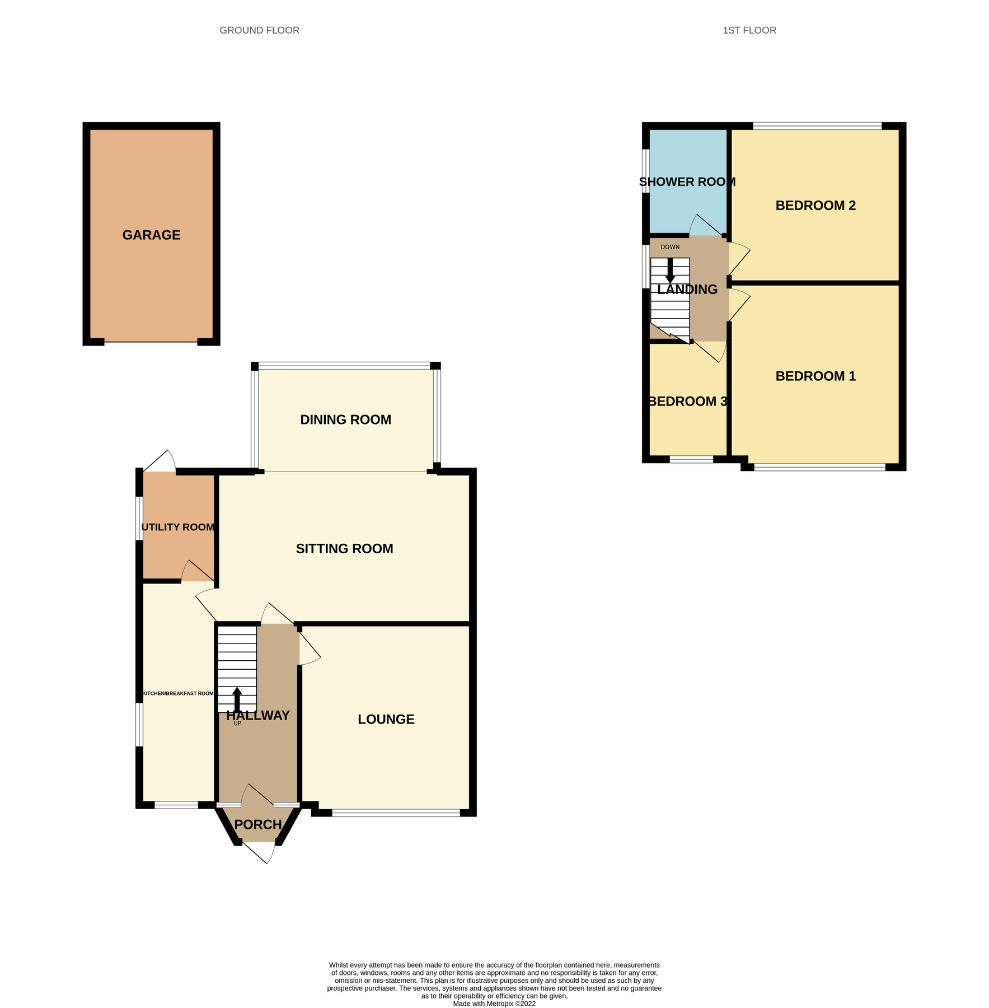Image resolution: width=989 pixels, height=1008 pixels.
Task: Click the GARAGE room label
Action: (151, 235)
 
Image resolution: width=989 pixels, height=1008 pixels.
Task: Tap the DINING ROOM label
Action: (345, 419)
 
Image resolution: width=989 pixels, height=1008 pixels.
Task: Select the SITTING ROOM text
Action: (344, 549)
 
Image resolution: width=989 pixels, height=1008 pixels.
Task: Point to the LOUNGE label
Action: (386, 720)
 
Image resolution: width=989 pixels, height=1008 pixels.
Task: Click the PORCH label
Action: (257, 824)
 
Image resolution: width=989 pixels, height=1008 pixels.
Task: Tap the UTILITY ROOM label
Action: (178, 527)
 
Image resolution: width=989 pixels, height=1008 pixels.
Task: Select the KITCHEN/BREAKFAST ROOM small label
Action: (177, 694)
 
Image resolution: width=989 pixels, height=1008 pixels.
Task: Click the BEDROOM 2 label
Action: (815, 206)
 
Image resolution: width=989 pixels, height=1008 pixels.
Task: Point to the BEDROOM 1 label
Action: (815, 376)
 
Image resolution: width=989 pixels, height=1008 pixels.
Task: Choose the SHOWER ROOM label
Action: (687, 182)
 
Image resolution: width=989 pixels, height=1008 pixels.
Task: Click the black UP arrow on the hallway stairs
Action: (237, 699)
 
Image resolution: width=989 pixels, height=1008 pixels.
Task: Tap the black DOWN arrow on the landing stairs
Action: (670, 270)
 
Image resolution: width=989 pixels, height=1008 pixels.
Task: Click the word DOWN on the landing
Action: (669, 247)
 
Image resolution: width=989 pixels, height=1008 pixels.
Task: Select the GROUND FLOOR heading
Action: (259, 30)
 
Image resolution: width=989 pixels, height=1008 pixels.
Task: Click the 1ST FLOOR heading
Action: (749, 30)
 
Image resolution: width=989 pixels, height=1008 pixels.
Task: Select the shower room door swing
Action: (704, 225)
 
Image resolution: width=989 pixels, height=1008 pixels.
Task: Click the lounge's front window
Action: (396, 813)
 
